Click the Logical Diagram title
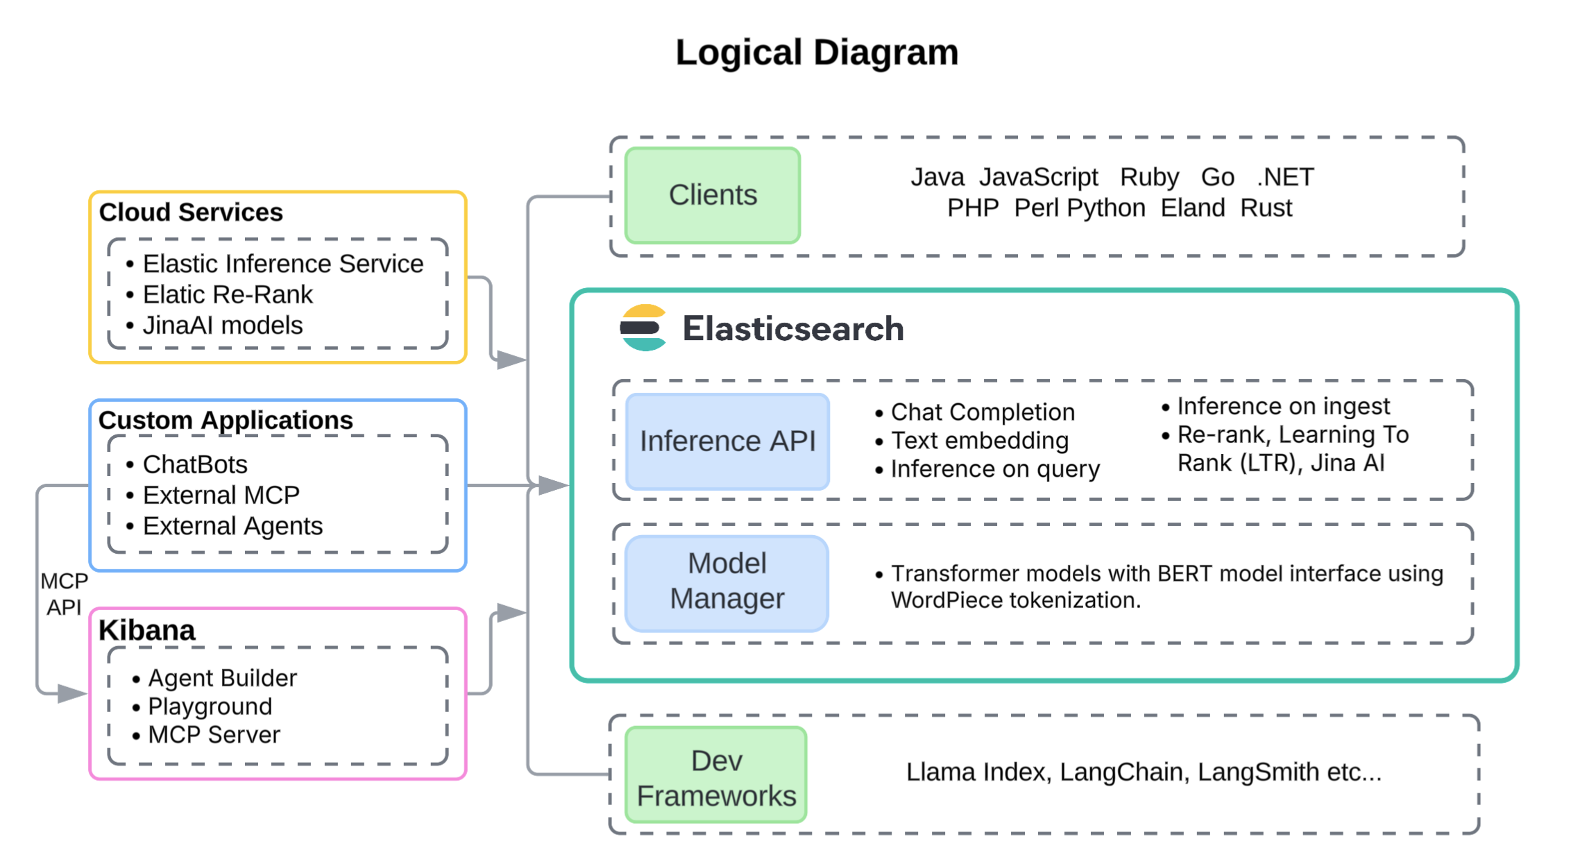[x=817, y=53]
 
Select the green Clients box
[x=713, y=196]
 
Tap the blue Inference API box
[x=727, y=441]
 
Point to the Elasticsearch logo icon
[x=643, y=328]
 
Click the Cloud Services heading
[x=191, y=212]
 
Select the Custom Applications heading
[x=226, y=421]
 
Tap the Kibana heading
[x=146, y=631]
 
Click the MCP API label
[x=64, y=594]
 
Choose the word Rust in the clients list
[x=1266, y=208]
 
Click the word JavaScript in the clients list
[x=1038, y=178]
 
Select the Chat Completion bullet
[x=982, y=412]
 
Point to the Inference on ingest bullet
[x=1282, y=406]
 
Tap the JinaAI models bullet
[x=222, y=326]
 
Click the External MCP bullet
[x=221, y=496]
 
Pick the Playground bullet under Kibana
[x=210, y=707]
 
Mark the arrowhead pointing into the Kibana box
[x=71, y=693]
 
